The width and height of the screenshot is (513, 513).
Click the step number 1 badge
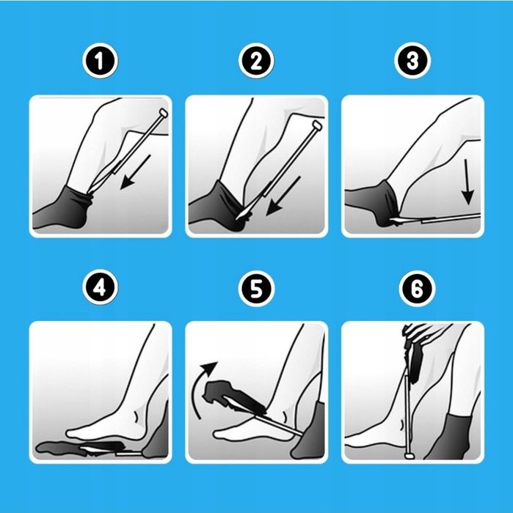[x=101, y=61]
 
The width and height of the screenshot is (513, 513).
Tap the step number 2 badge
[x=256, y=61]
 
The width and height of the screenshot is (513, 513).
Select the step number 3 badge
[x=412, y=61]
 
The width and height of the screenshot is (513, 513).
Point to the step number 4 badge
[x=101, y=287]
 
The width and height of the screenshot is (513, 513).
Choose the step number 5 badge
[x=256, y=289]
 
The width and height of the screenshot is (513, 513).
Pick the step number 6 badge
[x=417, y=289]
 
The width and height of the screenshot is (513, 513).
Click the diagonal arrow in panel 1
[x=136, y=171]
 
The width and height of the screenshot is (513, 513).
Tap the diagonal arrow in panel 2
[x=283, y=196]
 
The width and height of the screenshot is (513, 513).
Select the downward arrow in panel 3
[x=467, y=182]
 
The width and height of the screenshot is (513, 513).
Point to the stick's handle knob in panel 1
[x=163, y=113]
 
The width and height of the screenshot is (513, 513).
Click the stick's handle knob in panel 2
[x=317, y=125]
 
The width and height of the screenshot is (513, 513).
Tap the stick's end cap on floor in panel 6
[x=409, y=455]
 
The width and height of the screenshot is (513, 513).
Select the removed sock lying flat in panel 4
[x=80, y=447]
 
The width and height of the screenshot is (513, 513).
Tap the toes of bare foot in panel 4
[x=76, y=434]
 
